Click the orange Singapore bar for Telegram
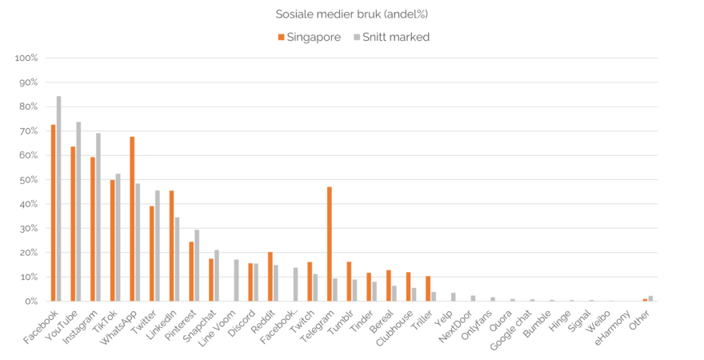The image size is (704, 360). (330, 244)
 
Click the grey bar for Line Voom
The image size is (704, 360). (236, 280)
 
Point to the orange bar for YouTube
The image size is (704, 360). (73, 223)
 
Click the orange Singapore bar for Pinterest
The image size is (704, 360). (191, 271)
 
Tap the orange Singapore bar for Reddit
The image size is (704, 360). (270, 277)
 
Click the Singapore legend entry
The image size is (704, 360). (309, 37)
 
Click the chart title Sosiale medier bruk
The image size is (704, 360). (351, 14)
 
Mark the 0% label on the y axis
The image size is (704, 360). (30, 302)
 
